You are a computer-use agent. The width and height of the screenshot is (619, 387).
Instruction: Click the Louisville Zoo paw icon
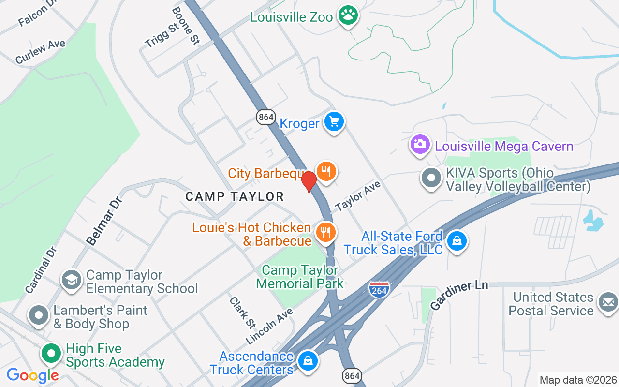click(348, 16)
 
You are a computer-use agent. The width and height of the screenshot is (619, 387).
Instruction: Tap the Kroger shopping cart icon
click(334, 122)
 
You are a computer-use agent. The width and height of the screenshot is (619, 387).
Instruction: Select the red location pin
click(309, 182)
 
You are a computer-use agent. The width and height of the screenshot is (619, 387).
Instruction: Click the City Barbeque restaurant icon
click(326, 171)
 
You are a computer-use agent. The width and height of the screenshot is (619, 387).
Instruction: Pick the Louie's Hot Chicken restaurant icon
click(326, 233)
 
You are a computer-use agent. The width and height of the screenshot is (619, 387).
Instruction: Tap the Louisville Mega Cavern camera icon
click(420, 144)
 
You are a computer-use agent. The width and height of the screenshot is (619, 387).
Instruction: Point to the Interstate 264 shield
click(379, 289)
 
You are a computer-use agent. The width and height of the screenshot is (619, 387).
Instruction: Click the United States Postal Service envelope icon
click(608, 302)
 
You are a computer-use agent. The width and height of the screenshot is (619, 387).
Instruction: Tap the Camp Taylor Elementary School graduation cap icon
click(72, 280)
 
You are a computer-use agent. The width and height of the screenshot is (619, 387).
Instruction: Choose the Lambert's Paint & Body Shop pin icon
click(39, 316)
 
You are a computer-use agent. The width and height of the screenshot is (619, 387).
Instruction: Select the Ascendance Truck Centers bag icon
click(307, 361)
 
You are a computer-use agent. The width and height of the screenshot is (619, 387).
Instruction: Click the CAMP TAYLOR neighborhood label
click(235, 196)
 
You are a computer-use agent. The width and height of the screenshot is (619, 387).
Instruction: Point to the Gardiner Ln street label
click(459, 294)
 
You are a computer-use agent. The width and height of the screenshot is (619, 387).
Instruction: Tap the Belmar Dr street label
click(104, 221)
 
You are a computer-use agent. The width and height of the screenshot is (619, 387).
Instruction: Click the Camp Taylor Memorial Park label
click(300, 277)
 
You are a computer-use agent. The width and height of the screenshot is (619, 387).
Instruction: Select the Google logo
click(32, 375)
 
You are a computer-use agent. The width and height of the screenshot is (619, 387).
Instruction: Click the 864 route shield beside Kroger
click(265, 117)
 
